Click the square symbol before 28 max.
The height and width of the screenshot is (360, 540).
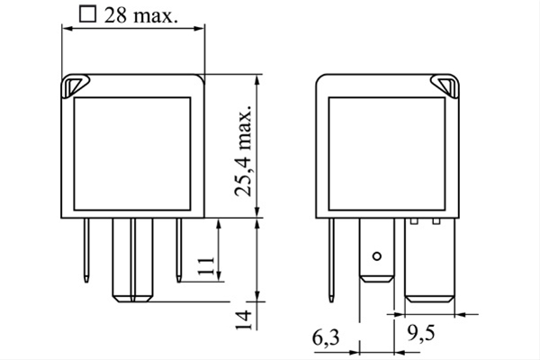pyautogui.click(x=87, y=13)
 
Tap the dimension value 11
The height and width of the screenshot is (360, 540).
pyautogui.click(x=207, y=265)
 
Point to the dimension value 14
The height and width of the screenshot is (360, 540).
pyautogui.click(x=244, y=320)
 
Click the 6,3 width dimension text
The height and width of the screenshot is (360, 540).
pyautogui.click(x=326, y=338)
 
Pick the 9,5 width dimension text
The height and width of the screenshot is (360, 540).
pyautogui.click(x=421, y=333)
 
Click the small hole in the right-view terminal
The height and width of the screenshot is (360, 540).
pyautogui.click(x=377, y=256)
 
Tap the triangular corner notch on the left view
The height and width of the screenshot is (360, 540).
pyautogui.click(x=75, y=86)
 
